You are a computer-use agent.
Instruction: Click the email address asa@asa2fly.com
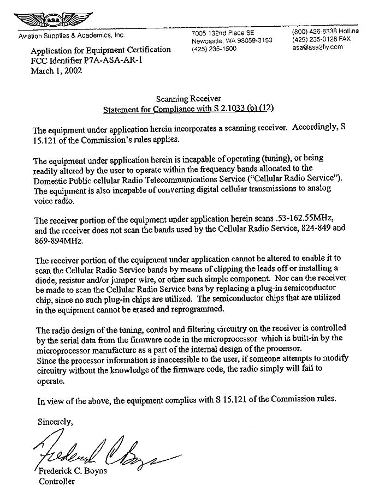point(317,47)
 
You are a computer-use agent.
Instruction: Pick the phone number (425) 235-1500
point(214,49)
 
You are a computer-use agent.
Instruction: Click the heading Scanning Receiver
point(188,98)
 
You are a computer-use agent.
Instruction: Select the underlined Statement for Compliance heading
point(188,108)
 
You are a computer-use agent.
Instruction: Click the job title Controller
point(56,482)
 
